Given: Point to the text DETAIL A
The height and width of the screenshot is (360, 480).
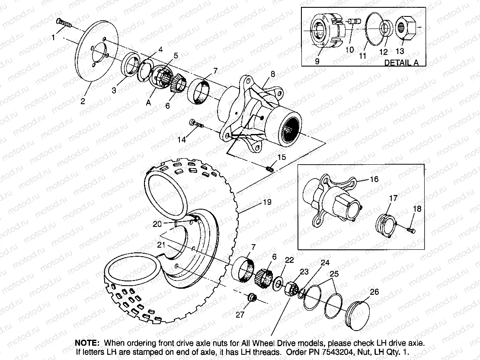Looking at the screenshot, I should click(401, 62).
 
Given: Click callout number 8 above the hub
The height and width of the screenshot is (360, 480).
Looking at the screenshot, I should click(272, 74).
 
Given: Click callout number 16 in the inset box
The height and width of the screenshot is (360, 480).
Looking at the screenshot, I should click(373, 179).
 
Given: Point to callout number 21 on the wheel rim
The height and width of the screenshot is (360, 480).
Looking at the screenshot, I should click(160, 245).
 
